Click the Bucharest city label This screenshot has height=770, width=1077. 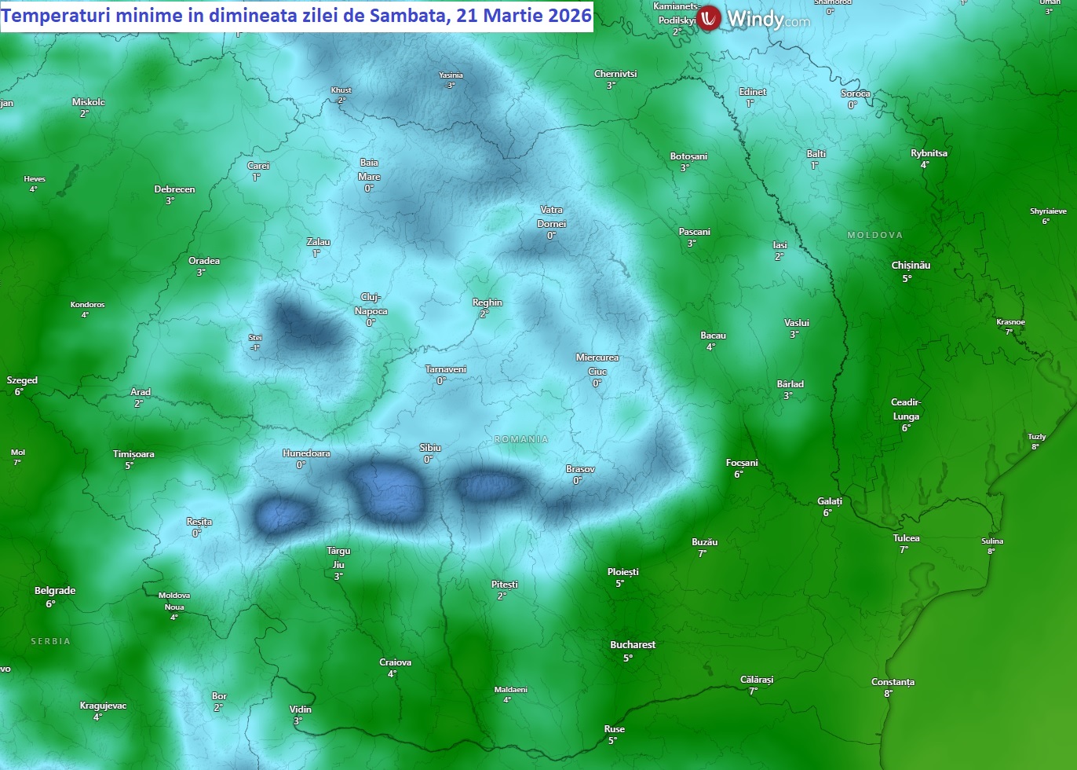633,645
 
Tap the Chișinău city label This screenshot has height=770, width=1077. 911,266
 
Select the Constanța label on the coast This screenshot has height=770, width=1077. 893,682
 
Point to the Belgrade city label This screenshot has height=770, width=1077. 55,591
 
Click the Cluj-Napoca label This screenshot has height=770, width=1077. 371,304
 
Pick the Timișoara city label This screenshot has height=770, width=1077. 133,454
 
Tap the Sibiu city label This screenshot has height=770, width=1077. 430,448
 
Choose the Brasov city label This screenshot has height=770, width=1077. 580,469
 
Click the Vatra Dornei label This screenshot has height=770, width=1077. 552,217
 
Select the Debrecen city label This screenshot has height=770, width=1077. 174,189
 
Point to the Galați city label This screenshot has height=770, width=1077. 830,501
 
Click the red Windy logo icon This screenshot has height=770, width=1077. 709,18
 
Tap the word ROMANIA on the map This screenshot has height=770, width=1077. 521,439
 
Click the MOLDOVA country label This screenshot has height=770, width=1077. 874,235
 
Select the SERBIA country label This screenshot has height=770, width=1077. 50,641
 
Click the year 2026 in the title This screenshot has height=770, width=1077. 569,16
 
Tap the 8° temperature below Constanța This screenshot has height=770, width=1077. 888,694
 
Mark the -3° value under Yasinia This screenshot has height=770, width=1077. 450,86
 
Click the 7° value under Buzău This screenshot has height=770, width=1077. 702,553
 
